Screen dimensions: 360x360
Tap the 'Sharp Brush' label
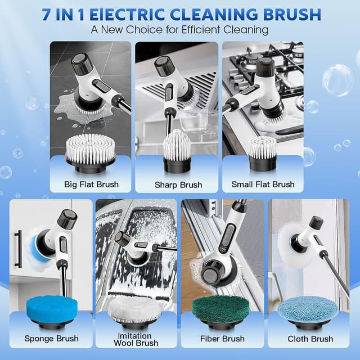[x=178, y=184]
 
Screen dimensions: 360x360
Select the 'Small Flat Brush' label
[x=263, y=184]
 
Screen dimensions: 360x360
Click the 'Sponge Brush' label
[x=51, y=339]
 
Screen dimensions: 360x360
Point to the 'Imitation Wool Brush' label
[x=136, y=339]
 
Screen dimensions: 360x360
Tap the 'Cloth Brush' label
[x=310, y=339]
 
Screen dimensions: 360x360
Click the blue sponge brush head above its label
[x=51, y=309]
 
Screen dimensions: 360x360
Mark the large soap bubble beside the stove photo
[x=337, y=80]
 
